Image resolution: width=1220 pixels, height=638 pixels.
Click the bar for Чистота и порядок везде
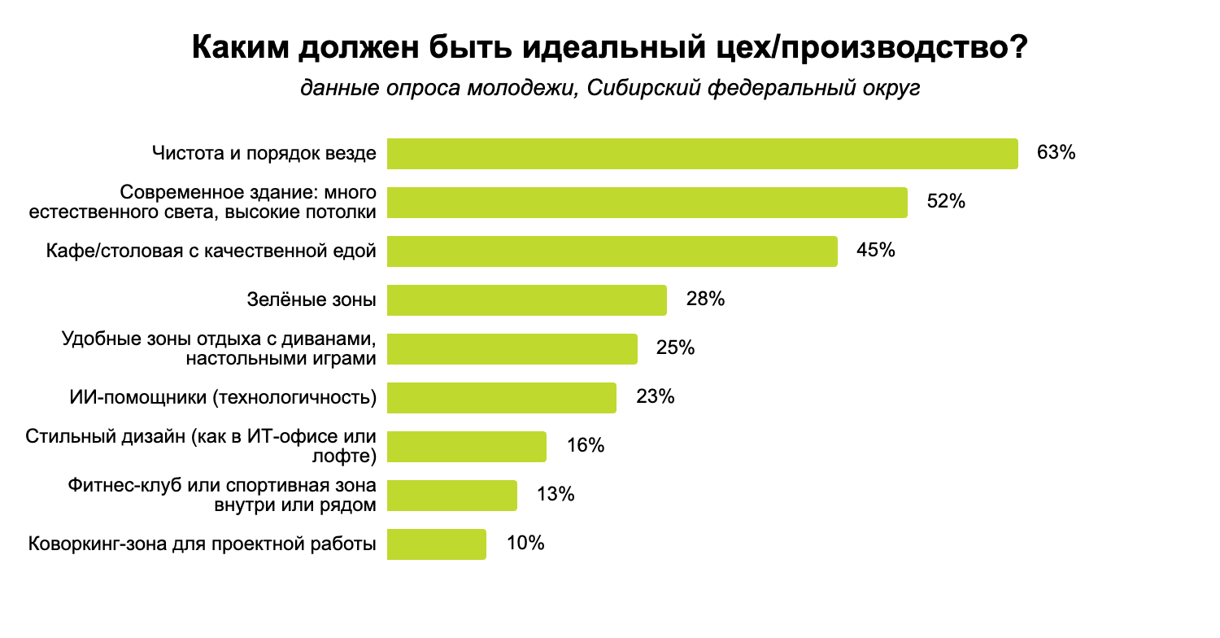702,154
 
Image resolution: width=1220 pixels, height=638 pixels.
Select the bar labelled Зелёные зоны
526,300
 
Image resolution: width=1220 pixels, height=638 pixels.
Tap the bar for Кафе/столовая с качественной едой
612,251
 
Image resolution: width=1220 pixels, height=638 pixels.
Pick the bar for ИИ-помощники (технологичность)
501,398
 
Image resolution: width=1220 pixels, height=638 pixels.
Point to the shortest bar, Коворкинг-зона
436,544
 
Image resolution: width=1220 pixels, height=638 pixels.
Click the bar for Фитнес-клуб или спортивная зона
451,496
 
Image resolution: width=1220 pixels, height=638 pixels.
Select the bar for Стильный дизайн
466,447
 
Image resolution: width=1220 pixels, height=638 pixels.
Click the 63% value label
1056,153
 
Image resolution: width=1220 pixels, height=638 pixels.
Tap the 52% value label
946,202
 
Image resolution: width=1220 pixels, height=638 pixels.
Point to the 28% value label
705,299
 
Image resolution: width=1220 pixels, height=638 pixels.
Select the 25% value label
675,348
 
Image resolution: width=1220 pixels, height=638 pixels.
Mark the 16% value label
585,446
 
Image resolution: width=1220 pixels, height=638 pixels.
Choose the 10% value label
525,544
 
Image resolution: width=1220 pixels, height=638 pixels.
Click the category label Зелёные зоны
312,300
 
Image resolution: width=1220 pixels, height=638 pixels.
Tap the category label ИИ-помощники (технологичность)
223,398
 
